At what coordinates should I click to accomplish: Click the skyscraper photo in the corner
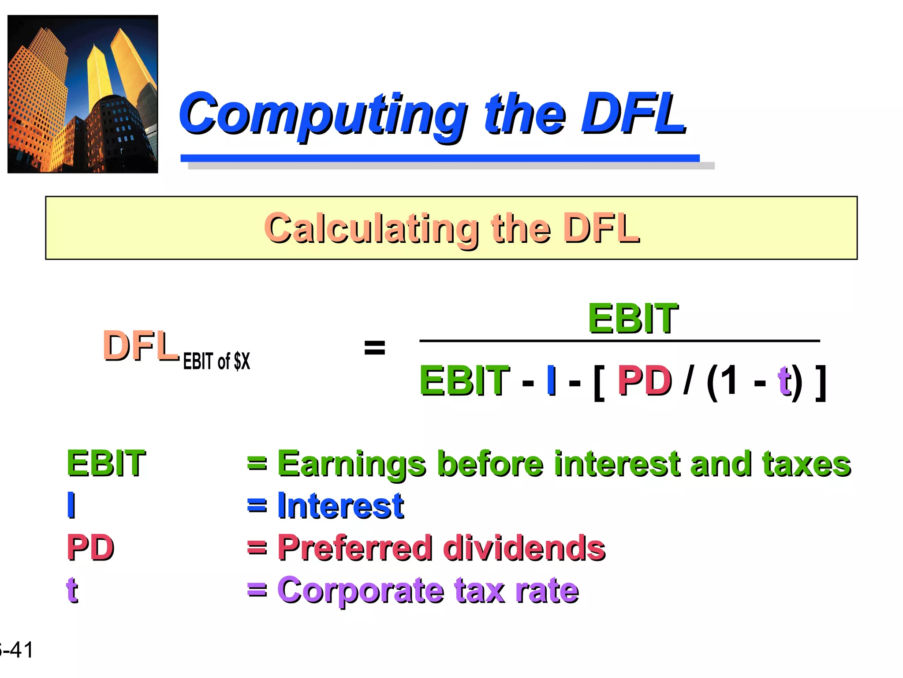[x=83, y=94]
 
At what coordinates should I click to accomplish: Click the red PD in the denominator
[x=644, y=381]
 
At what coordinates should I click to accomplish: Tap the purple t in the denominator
[x=784, y=380]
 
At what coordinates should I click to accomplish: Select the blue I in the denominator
[x=551, y=380]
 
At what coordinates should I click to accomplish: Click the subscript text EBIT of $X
[x=216, y=362]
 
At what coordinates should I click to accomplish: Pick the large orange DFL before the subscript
[x=140, y=347]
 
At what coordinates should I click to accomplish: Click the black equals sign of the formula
[x=374, y=347]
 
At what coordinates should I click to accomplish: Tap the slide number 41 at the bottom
[x=21, y=650]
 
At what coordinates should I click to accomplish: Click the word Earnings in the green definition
[x=351, y=464]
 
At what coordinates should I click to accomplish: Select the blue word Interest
[x=340, y=506]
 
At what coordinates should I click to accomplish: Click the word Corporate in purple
[x=360, y=590]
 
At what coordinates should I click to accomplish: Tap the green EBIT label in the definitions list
[x=106, y=463]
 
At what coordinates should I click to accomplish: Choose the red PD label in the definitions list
[x=90, y=548]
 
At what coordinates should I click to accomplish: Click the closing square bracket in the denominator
[x=820, y=382]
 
